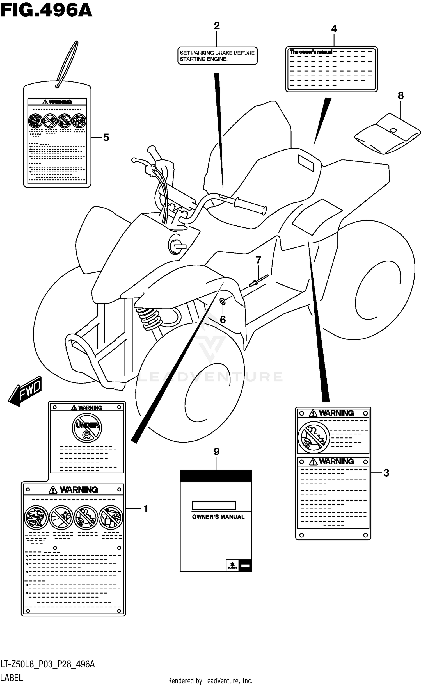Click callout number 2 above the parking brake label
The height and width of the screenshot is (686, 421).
pos(217,26)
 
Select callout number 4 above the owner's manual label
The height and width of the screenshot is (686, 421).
pos(334,29)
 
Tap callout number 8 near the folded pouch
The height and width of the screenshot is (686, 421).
pos(401,96)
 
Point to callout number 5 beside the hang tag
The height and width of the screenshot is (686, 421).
pos(106,137)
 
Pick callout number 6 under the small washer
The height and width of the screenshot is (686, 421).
pos(223,320)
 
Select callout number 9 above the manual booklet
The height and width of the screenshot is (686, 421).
pos(216,452)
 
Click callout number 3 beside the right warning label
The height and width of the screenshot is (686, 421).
pos(386,473)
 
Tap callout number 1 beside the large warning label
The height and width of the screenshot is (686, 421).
pos(145,509)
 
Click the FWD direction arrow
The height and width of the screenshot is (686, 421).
pos(25,391)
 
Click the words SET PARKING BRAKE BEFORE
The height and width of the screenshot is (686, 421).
pos(217,53)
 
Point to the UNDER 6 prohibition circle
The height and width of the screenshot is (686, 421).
pos(87,429)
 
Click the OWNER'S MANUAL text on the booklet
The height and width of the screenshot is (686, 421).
pos(218,517)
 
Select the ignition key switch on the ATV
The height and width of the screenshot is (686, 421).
pos(177,244)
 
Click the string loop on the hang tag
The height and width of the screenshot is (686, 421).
pos(67,63)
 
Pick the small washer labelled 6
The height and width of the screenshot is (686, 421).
pos(222,302)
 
